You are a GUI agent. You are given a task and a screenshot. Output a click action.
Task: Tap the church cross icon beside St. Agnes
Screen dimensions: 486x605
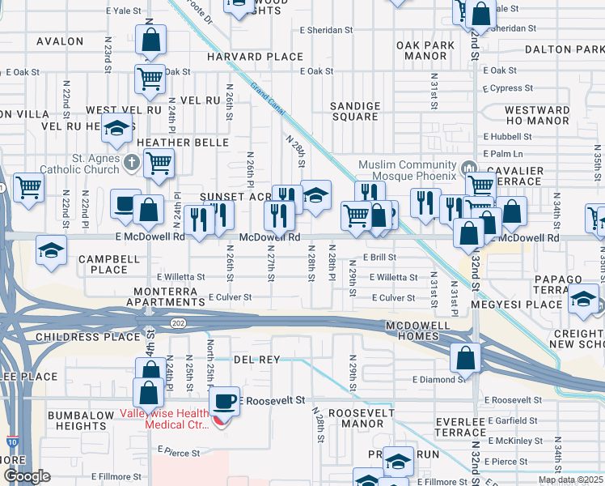tap(133, 162)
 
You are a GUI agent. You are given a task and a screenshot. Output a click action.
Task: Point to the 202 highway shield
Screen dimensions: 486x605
tap(177, 322)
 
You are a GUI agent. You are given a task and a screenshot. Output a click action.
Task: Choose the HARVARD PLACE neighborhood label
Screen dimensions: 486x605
tap(255, 57)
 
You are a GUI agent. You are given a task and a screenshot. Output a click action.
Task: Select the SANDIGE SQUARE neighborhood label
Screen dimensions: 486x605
tap(355, 111)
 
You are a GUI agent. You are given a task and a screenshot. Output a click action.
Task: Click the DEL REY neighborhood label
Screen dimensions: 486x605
tap(256, 359)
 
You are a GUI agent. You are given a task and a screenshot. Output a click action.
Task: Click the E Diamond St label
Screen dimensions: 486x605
tap(439, 378)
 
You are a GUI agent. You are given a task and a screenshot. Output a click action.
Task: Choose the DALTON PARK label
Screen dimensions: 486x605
tap(564, 49)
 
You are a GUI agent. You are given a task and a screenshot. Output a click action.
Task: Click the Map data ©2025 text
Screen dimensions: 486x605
tap(569, 480)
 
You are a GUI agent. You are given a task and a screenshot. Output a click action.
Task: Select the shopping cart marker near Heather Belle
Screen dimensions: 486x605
tap(159, 164)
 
